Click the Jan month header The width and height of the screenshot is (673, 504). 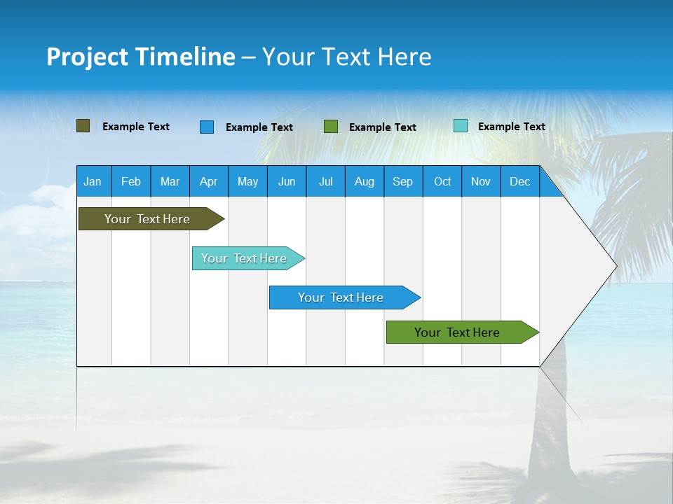[93, 181]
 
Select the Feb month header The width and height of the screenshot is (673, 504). [131, 181]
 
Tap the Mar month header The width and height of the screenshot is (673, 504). [170, 181]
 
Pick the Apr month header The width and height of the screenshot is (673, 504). [209, 181]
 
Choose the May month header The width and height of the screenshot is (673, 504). [247, 181]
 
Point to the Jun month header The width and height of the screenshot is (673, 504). [287, 181]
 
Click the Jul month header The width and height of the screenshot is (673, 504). [325, 181]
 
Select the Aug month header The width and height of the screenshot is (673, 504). [365, 181]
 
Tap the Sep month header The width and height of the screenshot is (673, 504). [403, 181]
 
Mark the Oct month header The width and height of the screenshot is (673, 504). [442, 181]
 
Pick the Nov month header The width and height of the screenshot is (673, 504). [481, 181]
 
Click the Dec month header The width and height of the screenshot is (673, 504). [520, 181]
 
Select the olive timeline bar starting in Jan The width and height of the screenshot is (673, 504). [148, 219]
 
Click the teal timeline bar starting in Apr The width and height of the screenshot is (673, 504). [245, 258]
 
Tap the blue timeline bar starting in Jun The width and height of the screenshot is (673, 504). [341, 297]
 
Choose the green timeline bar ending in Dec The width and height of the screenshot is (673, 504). [458, 332]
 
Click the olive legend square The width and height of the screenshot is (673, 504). [83, 126]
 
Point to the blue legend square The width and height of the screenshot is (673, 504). [207, 127]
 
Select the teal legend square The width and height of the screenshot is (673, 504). [461, 126]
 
